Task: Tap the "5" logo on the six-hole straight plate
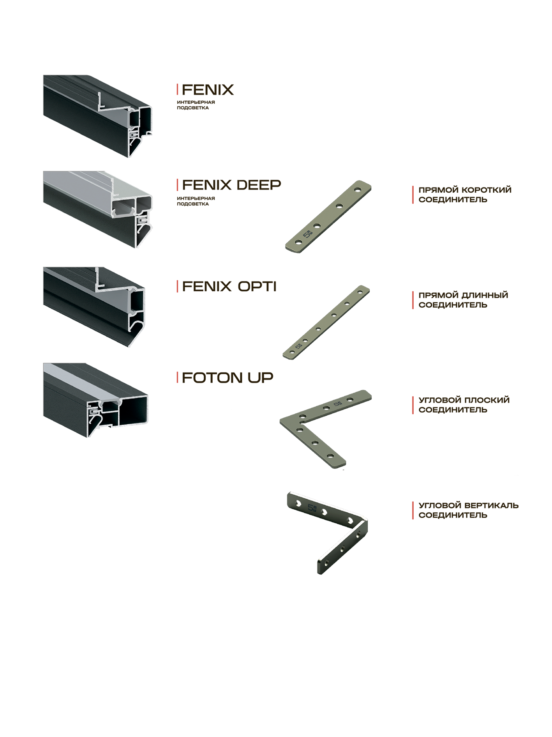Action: coord(299,346)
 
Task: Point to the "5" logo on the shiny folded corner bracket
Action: coord(312,508)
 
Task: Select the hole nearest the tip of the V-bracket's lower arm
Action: coord(331,455)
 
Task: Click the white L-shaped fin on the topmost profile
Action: coord(105,101)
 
